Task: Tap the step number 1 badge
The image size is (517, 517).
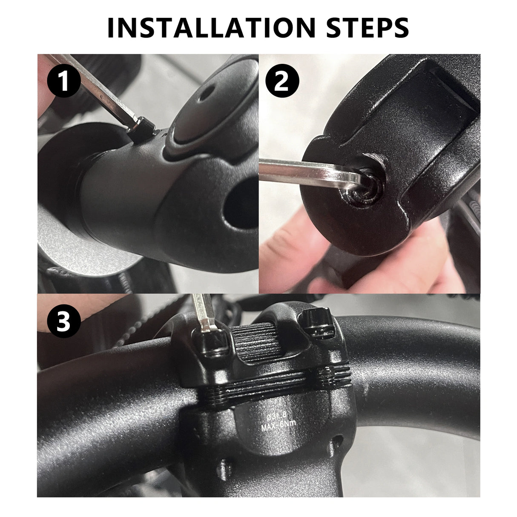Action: tap(63, 82)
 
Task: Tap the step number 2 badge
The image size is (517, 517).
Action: tap(282, 82)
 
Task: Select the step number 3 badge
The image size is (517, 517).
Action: tap(63, 322)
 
